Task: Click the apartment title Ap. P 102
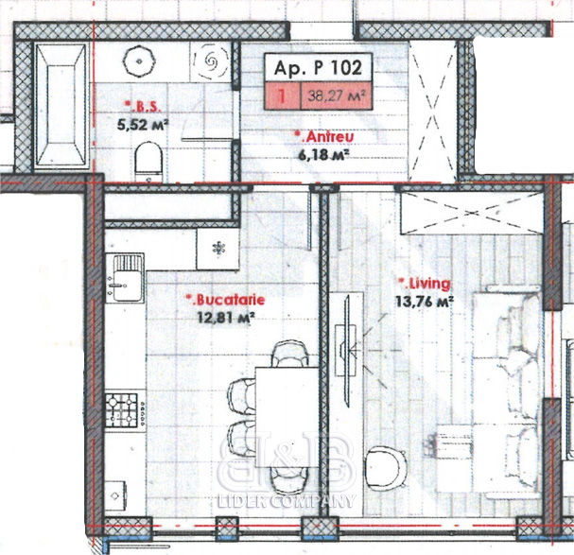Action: click(318, 68)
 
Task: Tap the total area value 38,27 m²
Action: click(337, 95)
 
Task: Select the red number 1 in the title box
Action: click(282, 95)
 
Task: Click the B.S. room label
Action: click(143, 107)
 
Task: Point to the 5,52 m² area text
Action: click(143, 125)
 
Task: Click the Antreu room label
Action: click(324, 137)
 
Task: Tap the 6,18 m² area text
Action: click(322, 154)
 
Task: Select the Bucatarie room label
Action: click(225, 300)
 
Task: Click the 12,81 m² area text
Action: click(226, 317)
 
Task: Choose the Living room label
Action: click(425, 284)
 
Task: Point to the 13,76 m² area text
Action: click(425, 302)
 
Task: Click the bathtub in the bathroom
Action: click(61, 105)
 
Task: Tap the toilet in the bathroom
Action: click(148, 162)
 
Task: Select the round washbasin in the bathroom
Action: click(139, 61)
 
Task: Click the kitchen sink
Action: click(125, 278)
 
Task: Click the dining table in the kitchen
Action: click(287, 417)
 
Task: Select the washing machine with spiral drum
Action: click(211, 61)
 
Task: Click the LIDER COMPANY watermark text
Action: click(287, 501)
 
